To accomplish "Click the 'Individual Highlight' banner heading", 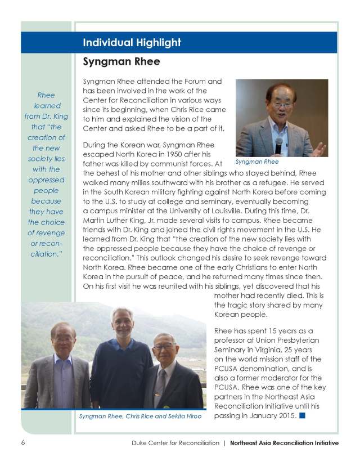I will pos(132,43).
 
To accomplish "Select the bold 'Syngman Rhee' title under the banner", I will pos(121,61).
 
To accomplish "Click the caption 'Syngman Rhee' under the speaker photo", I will pos(256,162).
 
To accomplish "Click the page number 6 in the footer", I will pos(24,443).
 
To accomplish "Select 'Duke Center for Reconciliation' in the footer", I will pos(172,443).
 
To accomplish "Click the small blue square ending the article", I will pos(302,416).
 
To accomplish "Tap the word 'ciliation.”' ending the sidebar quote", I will pos(46,254).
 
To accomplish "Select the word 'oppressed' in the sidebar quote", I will pos(46,180).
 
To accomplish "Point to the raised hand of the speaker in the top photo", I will pos(319,149).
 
